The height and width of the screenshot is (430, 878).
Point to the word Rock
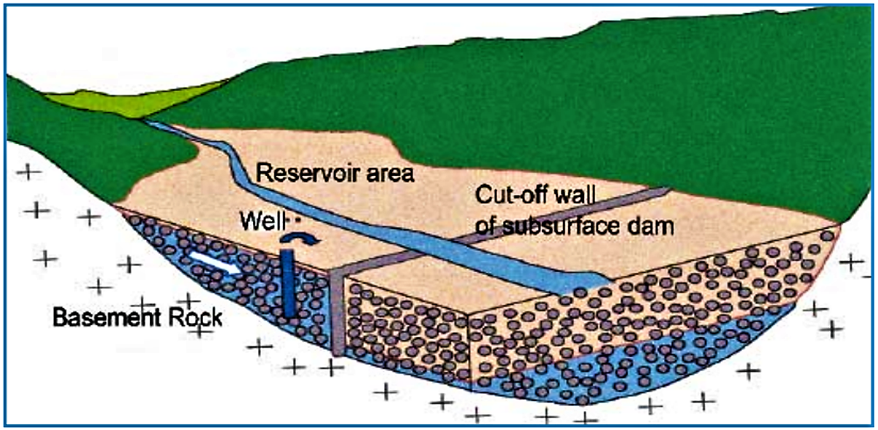pyautogui.click(x=197, y=317)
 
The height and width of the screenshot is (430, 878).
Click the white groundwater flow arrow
pyautogui.click(x=214, y=266)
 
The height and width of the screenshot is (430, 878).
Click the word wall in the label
pyautogui.click(x=580, y=195)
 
